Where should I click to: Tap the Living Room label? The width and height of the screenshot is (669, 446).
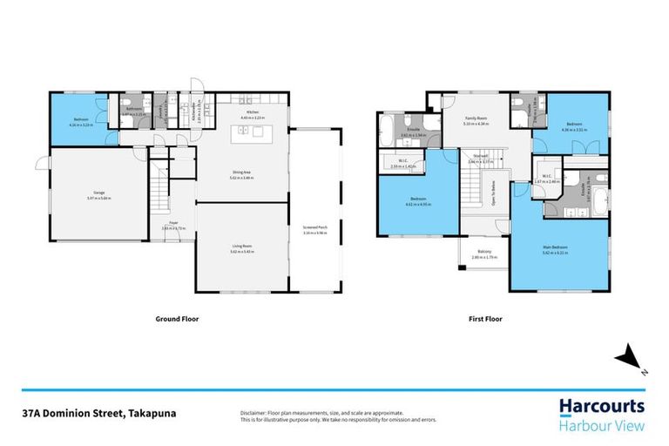tap(242, 247)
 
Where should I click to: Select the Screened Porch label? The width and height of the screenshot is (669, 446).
tap(314, 230)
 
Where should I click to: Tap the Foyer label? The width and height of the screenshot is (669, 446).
tap(174, 223)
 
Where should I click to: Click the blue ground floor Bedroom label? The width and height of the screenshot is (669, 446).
tap(79, 121)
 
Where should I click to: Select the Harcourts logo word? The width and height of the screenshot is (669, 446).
tap(602, 406)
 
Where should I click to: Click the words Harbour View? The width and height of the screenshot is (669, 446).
tap(602, 426)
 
